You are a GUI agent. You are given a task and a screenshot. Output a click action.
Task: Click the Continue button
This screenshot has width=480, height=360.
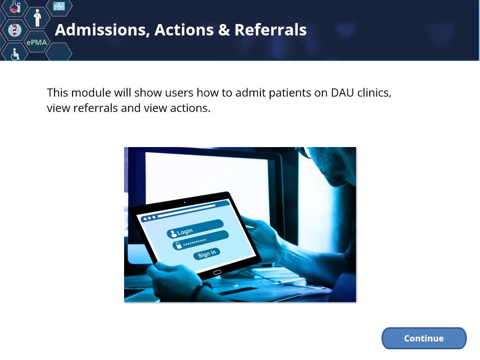click(x=424, y=338)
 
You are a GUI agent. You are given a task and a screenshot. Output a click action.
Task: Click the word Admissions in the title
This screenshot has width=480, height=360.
click(x=102, y=30)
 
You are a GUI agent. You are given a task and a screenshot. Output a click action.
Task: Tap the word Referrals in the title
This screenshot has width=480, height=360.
click(x=270, y=30)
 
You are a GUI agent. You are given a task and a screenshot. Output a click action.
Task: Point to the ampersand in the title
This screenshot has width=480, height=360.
click(x=224, y=30)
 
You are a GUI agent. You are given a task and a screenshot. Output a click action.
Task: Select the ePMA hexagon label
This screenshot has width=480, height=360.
click(x=37, y=42)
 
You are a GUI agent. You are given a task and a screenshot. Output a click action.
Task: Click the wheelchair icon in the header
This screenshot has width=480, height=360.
click(x=15, y=54)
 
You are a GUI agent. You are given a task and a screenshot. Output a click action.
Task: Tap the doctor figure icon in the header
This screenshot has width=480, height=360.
click(x=37, y=18)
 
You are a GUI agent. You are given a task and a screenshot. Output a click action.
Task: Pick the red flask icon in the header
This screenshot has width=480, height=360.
click(x=15, y=7)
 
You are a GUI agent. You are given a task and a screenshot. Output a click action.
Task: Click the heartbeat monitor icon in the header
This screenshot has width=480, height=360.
click(x=59, y=6)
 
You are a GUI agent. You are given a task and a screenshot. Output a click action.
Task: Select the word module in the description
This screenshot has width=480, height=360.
click(x=91, y=92)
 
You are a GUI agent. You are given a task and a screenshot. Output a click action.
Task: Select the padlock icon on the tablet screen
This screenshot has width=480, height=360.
click(x=178, y=245)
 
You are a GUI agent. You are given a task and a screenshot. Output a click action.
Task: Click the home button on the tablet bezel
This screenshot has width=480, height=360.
click(x=217, y=273)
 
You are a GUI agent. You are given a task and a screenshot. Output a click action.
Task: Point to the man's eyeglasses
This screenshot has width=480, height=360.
click(x=304, y=152)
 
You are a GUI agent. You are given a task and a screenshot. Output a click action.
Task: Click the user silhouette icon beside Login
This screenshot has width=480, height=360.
click(x=174, y=233)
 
